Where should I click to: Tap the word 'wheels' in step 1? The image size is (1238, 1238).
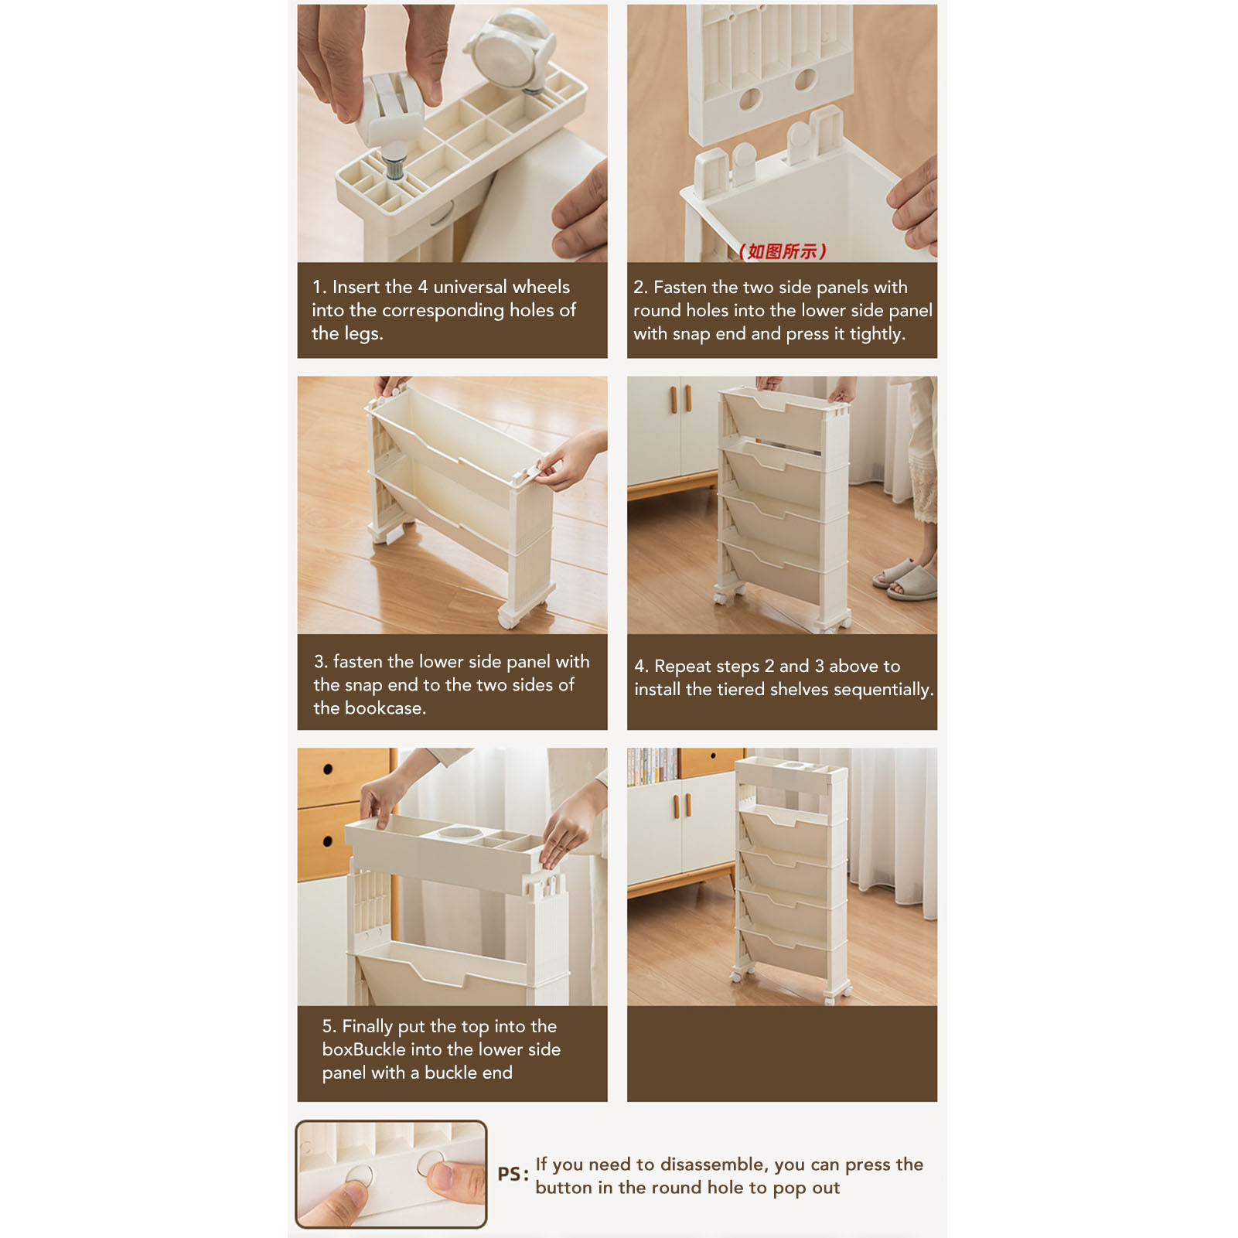pos(540,287)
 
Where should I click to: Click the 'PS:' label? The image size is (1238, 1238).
pos(513,1174)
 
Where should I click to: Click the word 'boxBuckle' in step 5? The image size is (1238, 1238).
pos(364,1049)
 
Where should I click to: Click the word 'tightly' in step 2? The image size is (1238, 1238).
pos(875,334)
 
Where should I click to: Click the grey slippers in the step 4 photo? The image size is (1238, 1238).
pos(905,580)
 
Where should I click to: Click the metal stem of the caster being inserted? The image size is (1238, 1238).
pos(394,165)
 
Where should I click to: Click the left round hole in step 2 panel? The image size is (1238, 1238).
pos(750,99)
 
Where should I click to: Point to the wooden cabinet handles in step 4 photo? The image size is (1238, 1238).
pos(680,398)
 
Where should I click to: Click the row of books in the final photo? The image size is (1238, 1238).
pos(654,766)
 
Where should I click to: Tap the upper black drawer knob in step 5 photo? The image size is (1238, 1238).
pos(328,769)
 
